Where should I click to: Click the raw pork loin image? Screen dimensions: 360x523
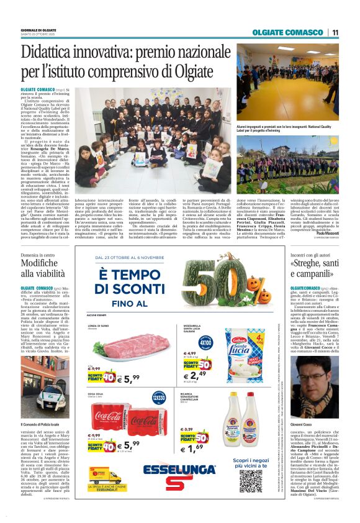[124, 347]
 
